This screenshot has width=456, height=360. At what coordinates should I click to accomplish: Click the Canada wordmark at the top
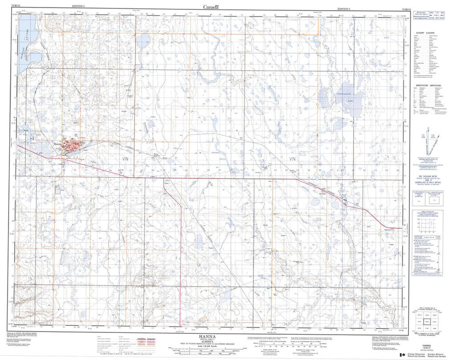point(211,7)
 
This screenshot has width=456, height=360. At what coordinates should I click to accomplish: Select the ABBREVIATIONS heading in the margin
point(428,85)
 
